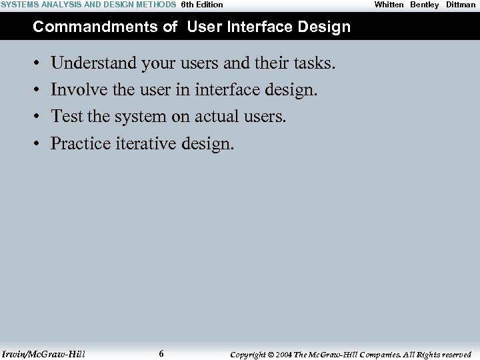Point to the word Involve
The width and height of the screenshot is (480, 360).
[73, 90]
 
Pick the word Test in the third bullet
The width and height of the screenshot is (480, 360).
[66, 117]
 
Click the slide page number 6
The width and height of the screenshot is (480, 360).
[161, 354]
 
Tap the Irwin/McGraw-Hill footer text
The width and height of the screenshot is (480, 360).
[43, 354]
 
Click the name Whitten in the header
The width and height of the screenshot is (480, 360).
[389, 5]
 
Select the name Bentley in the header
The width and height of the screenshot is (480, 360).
[425, 5]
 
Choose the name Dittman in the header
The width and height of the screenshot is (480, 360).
[461, 5]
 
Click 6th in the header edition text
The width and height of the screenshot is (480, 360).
[187, 5]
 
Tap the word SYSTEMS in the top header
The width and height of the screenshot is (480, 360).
[20, 5]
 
